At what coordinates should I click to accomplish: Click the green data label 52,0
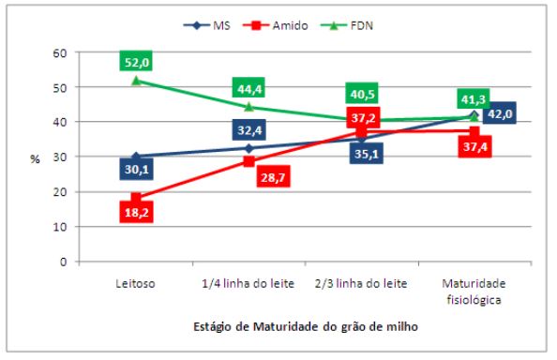(x=136, y=62)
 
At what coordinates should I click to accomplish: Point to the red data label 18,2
(x=136, y=213)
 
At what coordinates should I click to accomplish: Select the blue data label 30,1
(x=137, y=170)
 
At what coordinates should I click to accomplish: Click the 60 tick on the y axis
(x=61, y=52)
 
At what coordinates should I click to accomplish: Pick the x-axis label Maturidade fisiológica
(x=474, y=291)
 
